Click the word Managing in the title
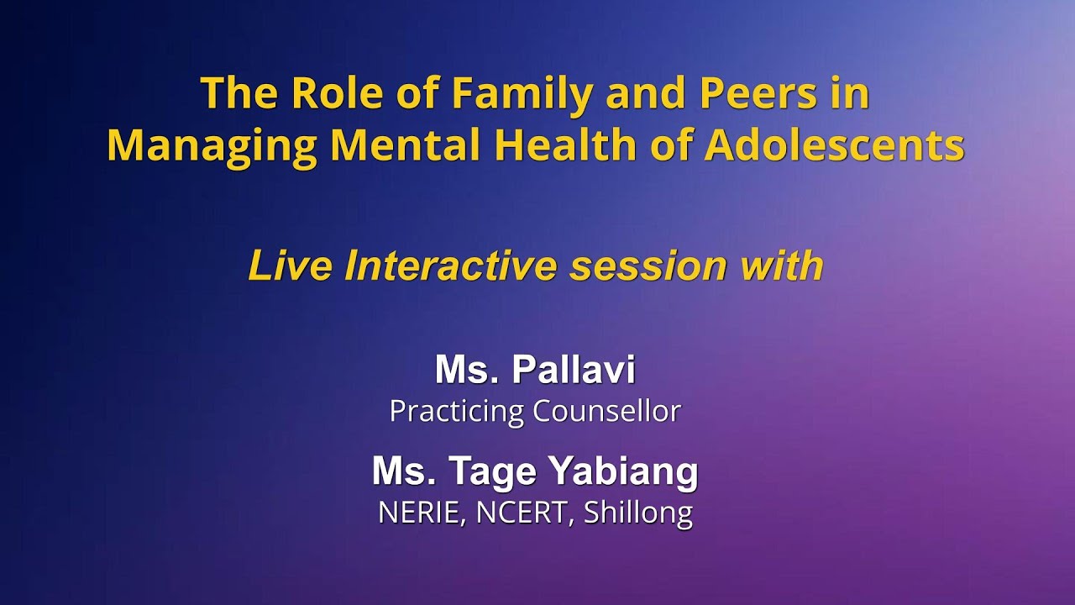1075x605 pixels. click(212, 146)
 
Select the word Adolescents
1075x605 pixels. click(834, 146)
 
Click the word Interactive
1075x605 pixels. click(451, 266)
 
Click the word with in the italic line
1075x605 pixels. click(782, 266)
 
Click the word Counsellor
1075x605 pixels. click(606, 411)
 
